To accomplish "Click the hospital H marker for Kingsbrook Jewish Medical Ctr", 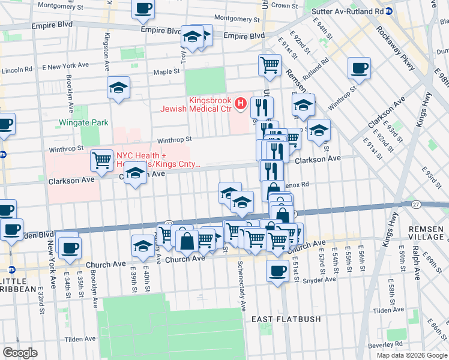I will click(241, 104).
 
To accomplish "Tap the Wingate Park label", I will click(83, 122).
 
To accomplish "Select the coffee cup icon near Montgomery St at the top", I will click(143, 9).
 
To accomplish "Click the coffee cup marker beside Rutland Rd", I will click(359, 68).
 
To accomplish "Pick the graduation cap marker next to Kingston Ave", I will click(118, 88).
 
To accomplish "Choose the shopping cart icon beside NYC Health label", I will click(101, 160).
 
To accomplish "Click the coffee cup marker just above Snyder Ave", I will click(277, 271).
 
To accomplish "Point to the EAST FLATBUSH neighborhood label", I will click(286, 319).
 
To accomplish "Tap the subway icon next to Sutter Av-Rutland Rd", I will click(389, 11).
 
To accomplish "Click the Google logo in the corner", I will click(20, 353).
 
